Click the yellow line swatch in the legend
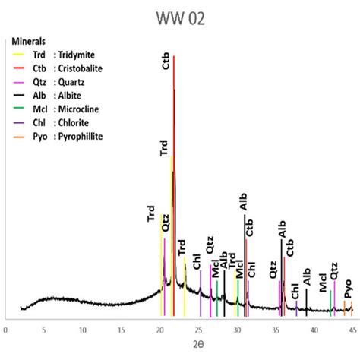click(x=15, y=54)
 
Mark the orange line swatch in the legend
click(x=15, y=136)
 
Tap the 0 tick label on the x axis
click(x=6, y=330)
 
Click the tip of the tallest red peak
click(x=174, y=56)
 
